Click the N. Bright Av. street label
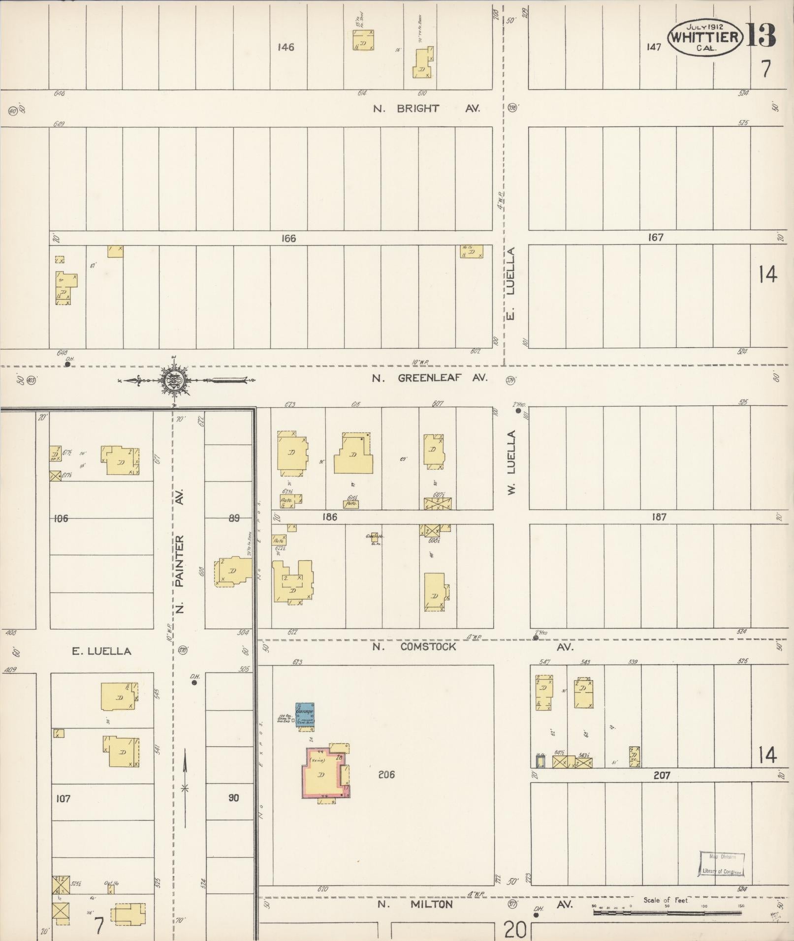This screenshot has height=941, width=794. coord(426,109)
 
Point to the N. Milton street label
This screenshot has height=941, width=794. coord(415,905)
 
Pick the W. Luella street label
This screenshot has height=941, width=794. coord(511,462)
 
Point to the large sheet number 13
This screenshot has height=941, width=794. coord(761,34)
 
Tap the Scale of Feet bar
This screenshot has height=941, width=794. coord(667,912)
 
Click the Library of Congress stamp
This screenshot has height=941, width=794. coord(722,865)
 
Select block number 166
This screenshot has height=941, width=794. coord(288,239)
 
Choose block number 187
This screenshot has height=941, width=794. coord(659,517)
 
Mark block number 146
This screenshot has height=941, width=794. coord(286,47)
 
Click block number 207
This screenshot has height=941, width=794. coord(662,775)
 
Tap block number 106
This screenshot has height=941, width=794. coord(61,518)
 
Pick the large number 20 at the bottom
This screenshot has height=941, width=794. coord(515,930)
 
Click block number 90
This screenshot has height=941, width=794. coord(233,797)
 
